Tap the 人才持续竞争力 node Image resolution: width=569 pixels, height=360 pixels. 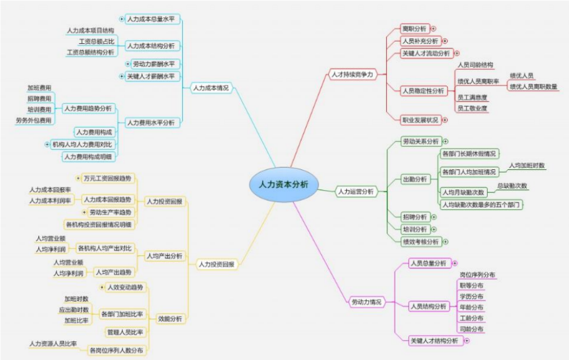pyautogui.click(x=351, y=74)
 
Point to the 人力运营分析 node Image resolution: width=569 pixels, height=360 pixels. pyautogui.click(x=355, y=191)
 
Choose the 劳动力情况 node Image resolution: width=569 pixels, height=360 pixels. pyautogui.click(x=366, y=302)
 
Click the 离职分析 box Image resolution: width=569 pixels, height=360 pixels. pyautogui.click(x=414, y=28)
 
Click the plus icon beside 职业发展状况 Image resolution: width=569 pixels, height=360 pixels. pyautogui.click(x=445, y=119)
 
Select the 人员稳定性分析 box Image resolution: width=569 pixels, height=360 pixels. pyautogui.click(x=422, y=90)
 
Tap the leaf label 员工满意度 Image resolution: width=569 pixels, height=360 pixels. pyautogui.click(x=472, y=97)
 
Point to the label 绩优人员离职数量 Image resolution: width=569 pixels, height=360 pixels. pyautogui.click(x=533, y=86)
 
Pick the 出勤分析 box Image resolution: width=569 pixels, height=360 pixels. pyautogui.click(x=414, y=179)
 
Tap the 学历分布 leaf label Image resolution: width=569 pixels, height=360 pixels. pyautogui.click(x=471, y=296)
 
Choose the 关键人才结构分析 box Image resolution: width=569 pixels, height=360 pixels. pyautogui.click(x=433, y=340)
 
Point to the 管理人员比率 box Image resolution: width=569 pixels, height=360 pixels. pyautogui.click(x=125, y=332)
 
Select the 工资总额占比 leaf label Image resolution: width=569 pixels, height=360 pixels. pyautogui.click(x=96, y=42)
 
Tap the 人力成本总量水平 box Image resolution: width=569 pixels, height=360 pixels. pyautogui.click(x=152, y=19)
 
